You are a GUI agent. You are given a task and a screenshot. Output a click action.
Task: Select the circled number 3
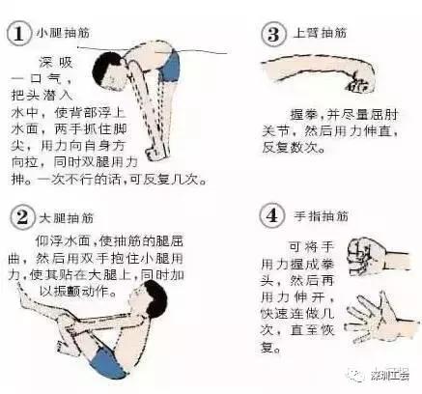click(x=272, y=35)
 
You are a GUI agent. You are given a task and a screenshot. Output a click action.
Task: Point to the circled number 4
click(x=271, y=214)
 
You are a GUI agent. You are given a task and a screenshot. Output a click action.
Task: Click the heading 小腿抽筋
click(x=56, y=31)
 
